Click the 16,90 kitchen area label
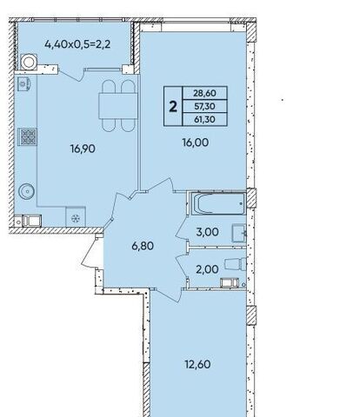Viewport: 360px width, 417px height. click(x=83, y=149)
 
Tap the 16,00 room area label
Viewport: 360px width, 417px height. click(x=196, y=142)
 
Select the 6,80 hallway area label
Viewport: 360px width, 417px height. click(x=143, y=246)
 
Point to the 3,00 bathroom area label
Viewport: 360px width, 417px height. click(x=207, y=232)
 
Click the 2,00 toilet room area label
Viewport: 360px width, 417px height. click(x=207, y=269)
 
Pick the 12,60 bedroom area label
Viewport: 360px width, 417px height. click(x=198, y=364)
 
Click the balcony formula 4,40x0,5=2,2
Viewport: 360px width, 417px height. click(x=77, y=44)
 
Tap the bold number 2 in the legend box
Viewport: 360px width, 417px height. click(x=173, y=107)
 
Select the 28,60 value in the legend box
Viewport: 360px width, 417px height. click(x=204, y=93)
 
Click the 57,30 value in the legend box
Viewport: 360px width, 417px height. click(x=204, y=106)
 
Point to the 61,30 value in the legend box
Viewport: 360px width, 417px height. click(x=204, y=119)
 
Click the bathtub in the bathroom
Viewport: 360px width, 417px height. click(x=219, y=203)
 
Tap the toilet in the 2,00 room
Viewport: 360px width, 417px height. click(x=236, y=264)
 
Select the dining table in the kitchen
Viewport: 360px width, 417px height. click(x=117, y=105)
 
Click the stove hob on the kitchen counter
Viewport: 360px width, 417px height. click(x=29, y=136)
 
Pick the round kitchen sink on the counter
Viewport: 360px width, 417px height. click(x=27, y=191)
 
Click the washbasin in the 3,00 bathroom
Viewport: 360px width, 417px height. click(x=239, y=233)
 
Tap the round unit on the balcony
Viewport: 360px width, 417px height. click(x=29, y=62)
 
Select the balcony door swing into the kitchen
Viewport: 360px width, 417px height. click(x=71, y=75)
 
